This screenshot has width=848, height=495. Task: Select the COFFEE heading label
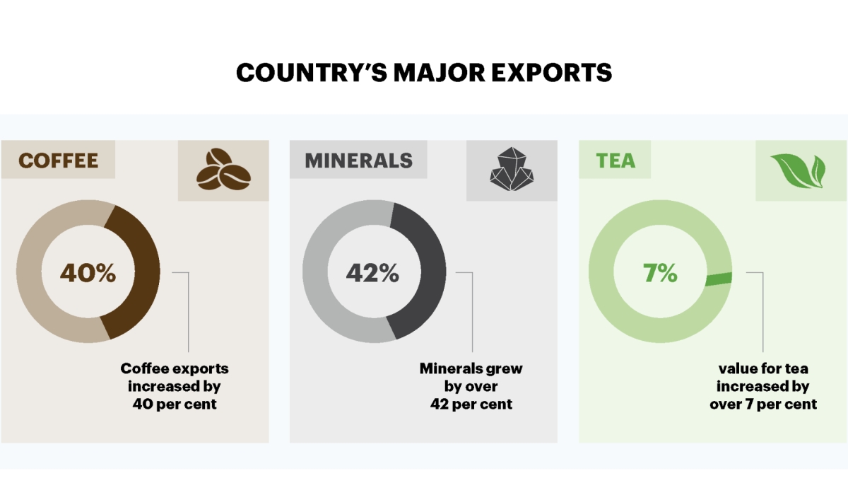tap(58, 160)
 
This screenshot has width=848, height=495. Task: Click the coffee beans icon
tap(222, 170)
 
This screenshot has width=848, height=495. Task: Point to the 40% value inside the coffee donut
tap(88, 273)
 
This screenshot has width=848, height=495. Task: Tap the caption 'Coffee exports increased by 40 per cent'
tap(175, 386)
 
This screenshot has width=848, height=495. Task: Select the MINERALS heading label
tap(358, 160)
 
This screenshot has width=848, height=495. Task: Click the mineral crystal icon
tap(511, 170)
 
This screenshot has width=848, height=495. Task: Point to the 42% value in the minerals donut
tap(372, 273)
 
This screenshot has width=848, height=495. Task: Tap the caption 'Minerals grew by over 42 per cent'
tap(471, 386)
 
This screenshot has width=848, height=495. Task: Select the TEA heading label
tap(615, 160)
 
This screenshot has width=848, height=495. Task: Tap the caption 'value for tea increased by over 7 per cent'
tap(762, 386)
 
